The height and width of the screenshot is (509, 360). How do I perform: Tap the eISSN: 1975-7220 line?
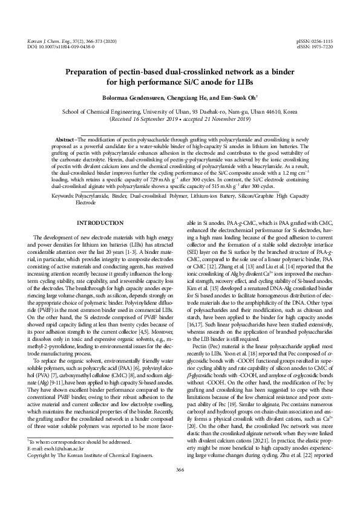click(315, 46)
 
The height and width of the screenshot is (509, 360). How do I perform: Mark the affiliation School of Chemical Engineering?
click(103, 112)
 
